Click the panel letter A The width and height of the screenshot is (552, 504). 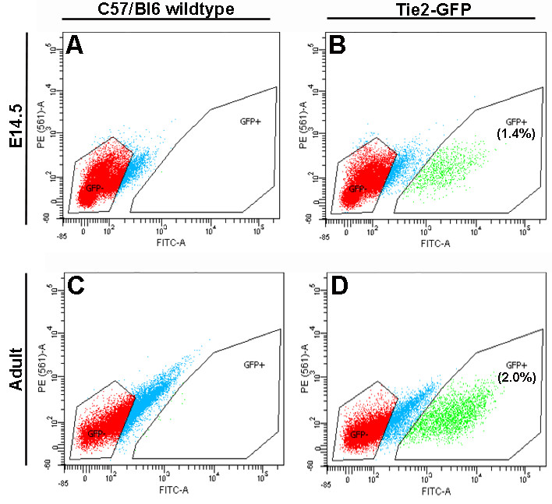click(x=76, y=46)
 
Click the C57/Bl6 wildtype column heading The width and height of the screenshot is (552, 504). click(x=165, y=9)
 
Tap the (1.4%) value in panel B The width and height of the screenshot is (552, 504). click(x=513, y=134)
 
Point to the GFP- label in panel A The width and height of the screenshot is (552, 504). click(x=94, y=189)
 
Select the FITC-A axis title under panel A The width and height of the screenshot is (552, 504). click(x=172, y=242)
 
